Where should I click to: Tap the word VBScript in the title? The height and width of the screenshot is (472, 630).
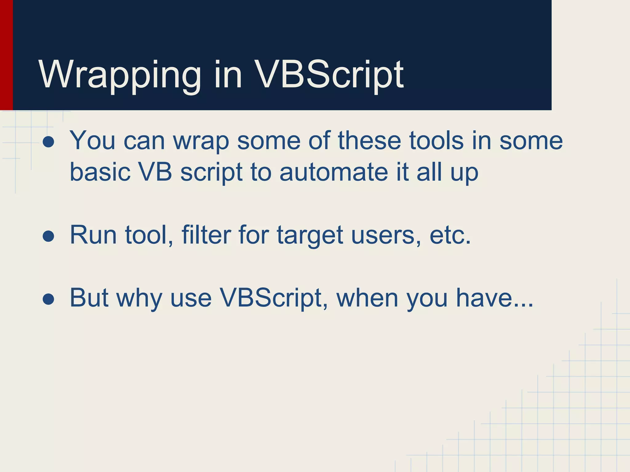(329, 75)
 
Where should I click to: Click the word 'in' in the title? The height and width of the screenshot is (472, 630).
(228, 75)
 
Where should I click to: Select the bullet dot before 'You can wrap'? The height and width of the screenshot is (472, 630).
(49, 142)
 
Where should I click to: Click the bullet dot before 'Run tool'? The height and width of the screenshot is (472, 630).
(49, 237)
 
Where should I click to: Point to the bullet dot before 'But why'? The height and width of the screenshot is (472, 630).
(49, 299)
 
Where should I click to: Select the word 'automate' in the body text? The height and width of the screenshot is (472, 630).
(333, 172)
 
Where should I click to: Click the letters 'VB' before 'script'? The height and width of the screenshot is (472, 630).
(155, 172)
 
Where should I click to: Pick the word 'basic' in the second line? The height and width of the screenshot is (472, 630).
(100, 172)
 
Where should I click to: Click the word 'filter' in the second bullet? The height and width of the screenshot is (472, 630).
(206, 235)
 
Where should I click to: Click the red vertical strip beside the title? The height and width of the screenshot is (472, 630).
(6, 55)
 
